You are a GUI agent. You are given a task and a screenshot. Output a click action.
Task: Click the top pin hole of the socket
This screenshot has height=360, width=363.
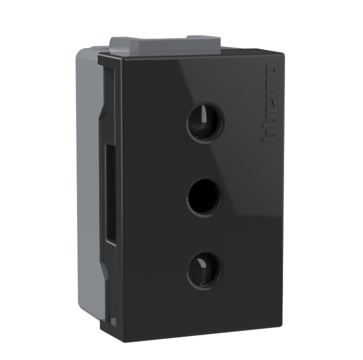(x=206, y=122)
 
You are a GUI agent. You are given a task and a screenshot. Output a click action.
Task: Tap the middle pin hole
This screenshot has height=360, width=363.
(x=204, y=197)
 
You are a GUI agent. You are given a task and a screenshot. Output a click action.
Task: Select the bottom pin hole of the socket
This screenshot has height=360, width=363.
(x=205, y=270)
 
